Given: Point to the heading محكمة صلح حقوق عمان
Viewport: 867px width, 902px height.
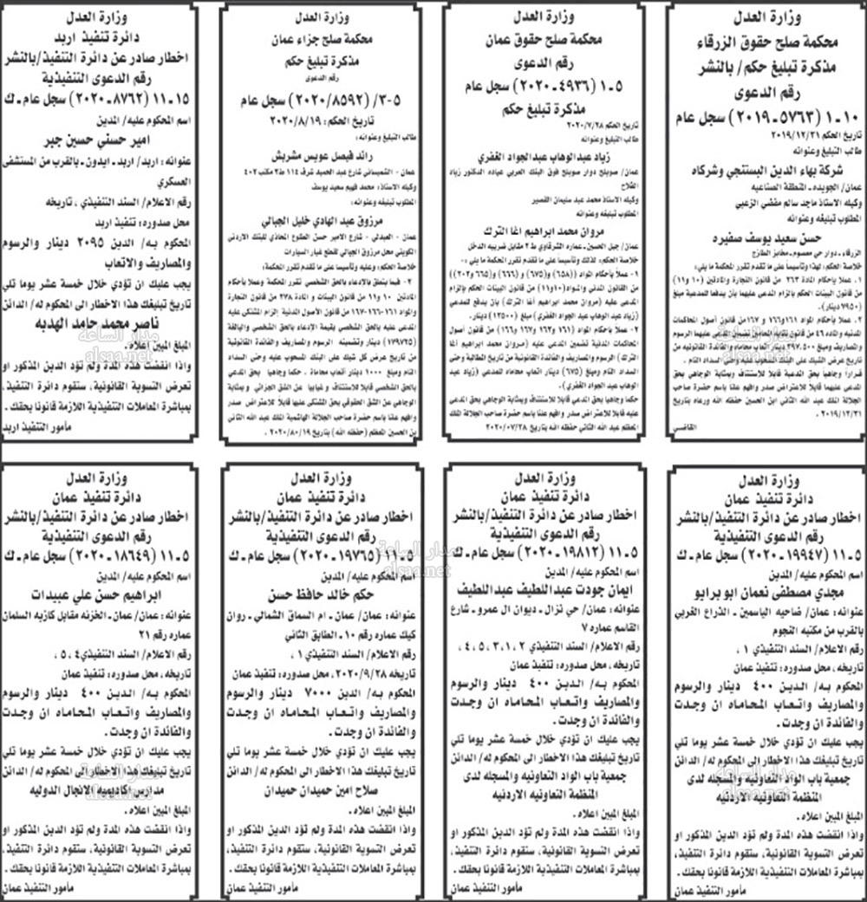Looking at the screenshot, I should pyautogui.click(x=545, y=41).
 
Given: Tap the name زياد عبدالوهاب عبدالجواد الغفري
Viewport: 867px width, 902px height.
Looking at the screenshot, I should pyautogui.click(x=545, y=159).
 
